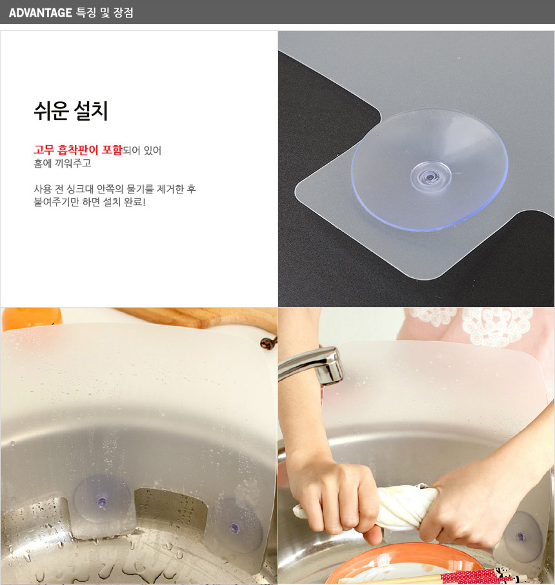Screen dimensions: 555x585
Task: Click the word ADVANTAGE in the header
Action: [x=40, y=13]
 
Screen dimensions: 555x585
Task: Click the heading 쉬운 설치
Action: [x=71, y=111]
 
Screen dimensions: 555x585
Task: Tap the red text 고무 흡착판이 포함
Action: [x=77, y=150]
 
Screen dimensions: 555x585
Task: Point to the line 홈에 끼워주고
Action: [x=63, y=163]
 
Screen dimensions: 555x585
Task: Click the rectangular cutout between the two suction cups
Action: [x=170, y=510]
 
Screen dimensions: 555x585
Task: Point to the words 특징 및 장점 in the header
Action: [x=105, y=13]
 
